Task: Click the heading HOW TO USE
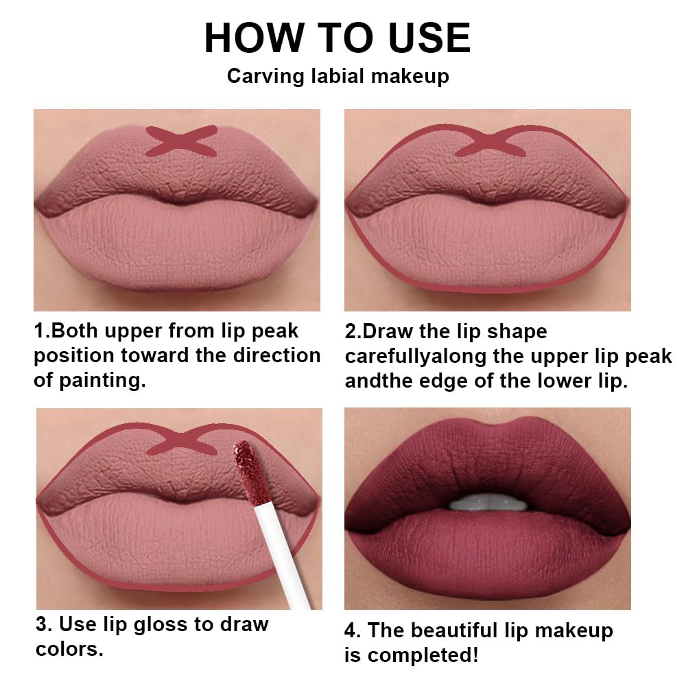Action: (338, 38)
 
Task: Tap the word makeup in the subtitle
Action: (410, 75)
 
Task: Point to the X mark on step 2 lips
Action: (490, 141)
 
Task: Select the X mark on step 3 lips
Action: (182, 440)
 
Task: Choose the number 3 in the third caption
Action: (41, 624)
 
